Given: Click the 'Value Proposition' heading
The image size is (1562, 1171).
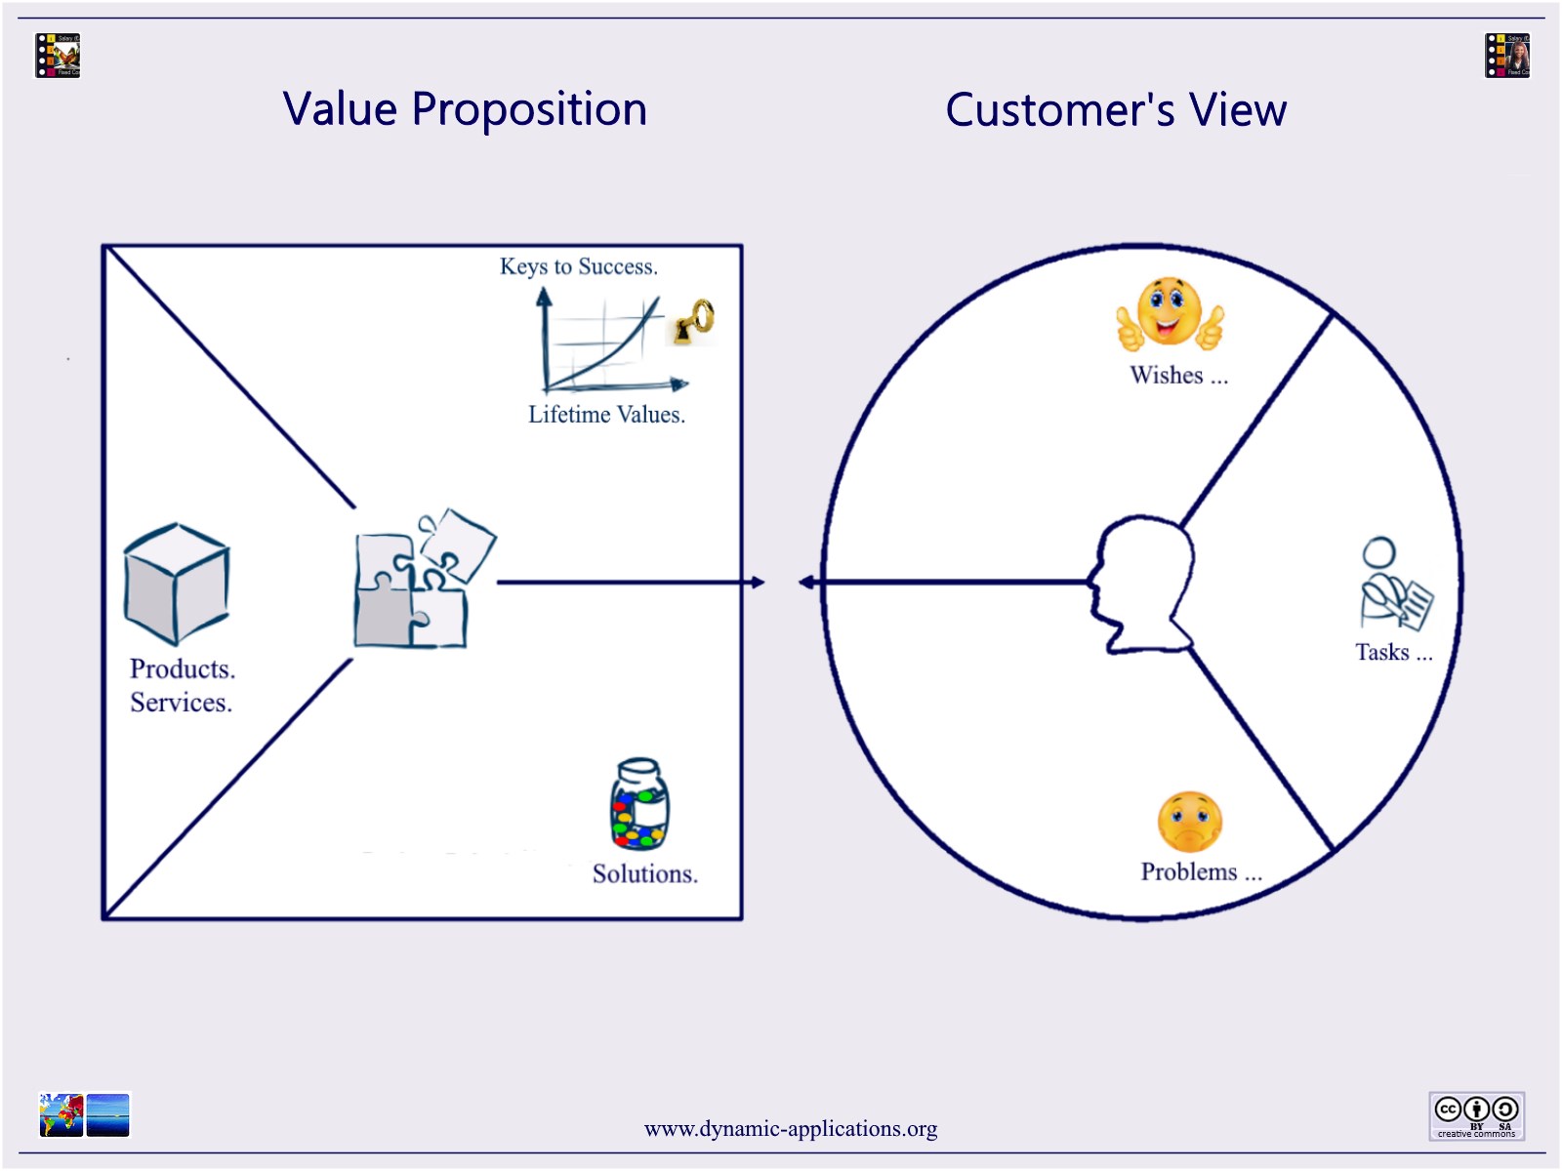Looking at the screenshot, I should [x=465, y=109].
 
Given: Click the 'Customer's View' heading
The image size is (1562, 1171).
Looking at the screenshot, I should [x=1116, y=109].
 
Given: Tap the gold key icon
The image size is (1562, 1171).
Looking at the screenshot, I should [x=694, y=323].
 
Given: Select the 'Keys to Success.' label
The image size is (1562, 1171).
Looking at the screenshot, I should [x=579, y=266].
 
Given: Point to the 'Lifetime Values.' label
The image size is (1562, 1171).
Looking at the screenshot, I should [x=606, y=415].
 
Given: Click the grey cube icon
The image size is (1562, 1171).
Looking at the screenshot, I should [x=177, y=584].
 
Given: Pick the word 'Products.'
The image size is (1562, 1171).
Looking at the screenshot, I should [x=183, y=669].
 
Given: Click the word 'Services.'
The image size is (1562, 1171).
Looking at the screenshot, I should [x=182, y=703].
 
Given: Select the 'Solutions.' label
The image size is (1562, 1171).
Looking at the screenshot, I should [x=645, y=874].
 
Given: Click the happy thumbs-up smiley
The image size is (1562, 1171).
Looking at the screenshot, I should [x=1170, y=314].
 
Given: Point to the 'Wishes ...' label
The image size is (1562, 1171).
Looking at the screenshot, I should [x=1178, y=376].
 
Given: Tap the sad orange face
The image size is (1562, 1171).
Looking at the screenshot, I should [x=1190, y=822].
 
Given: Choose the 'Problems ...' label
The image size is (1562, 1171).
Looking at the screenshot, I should [x=1201, y=872].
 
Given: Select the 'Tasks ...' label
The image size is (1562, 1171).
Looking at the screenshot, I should [x=1393, y=653].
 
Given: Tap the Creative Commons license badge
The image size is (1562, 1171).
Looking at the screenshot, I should [x=1476, y=1115].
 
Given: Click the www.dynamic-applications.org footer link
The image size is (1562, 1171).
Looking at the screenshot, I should [x=791, y=1129].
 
